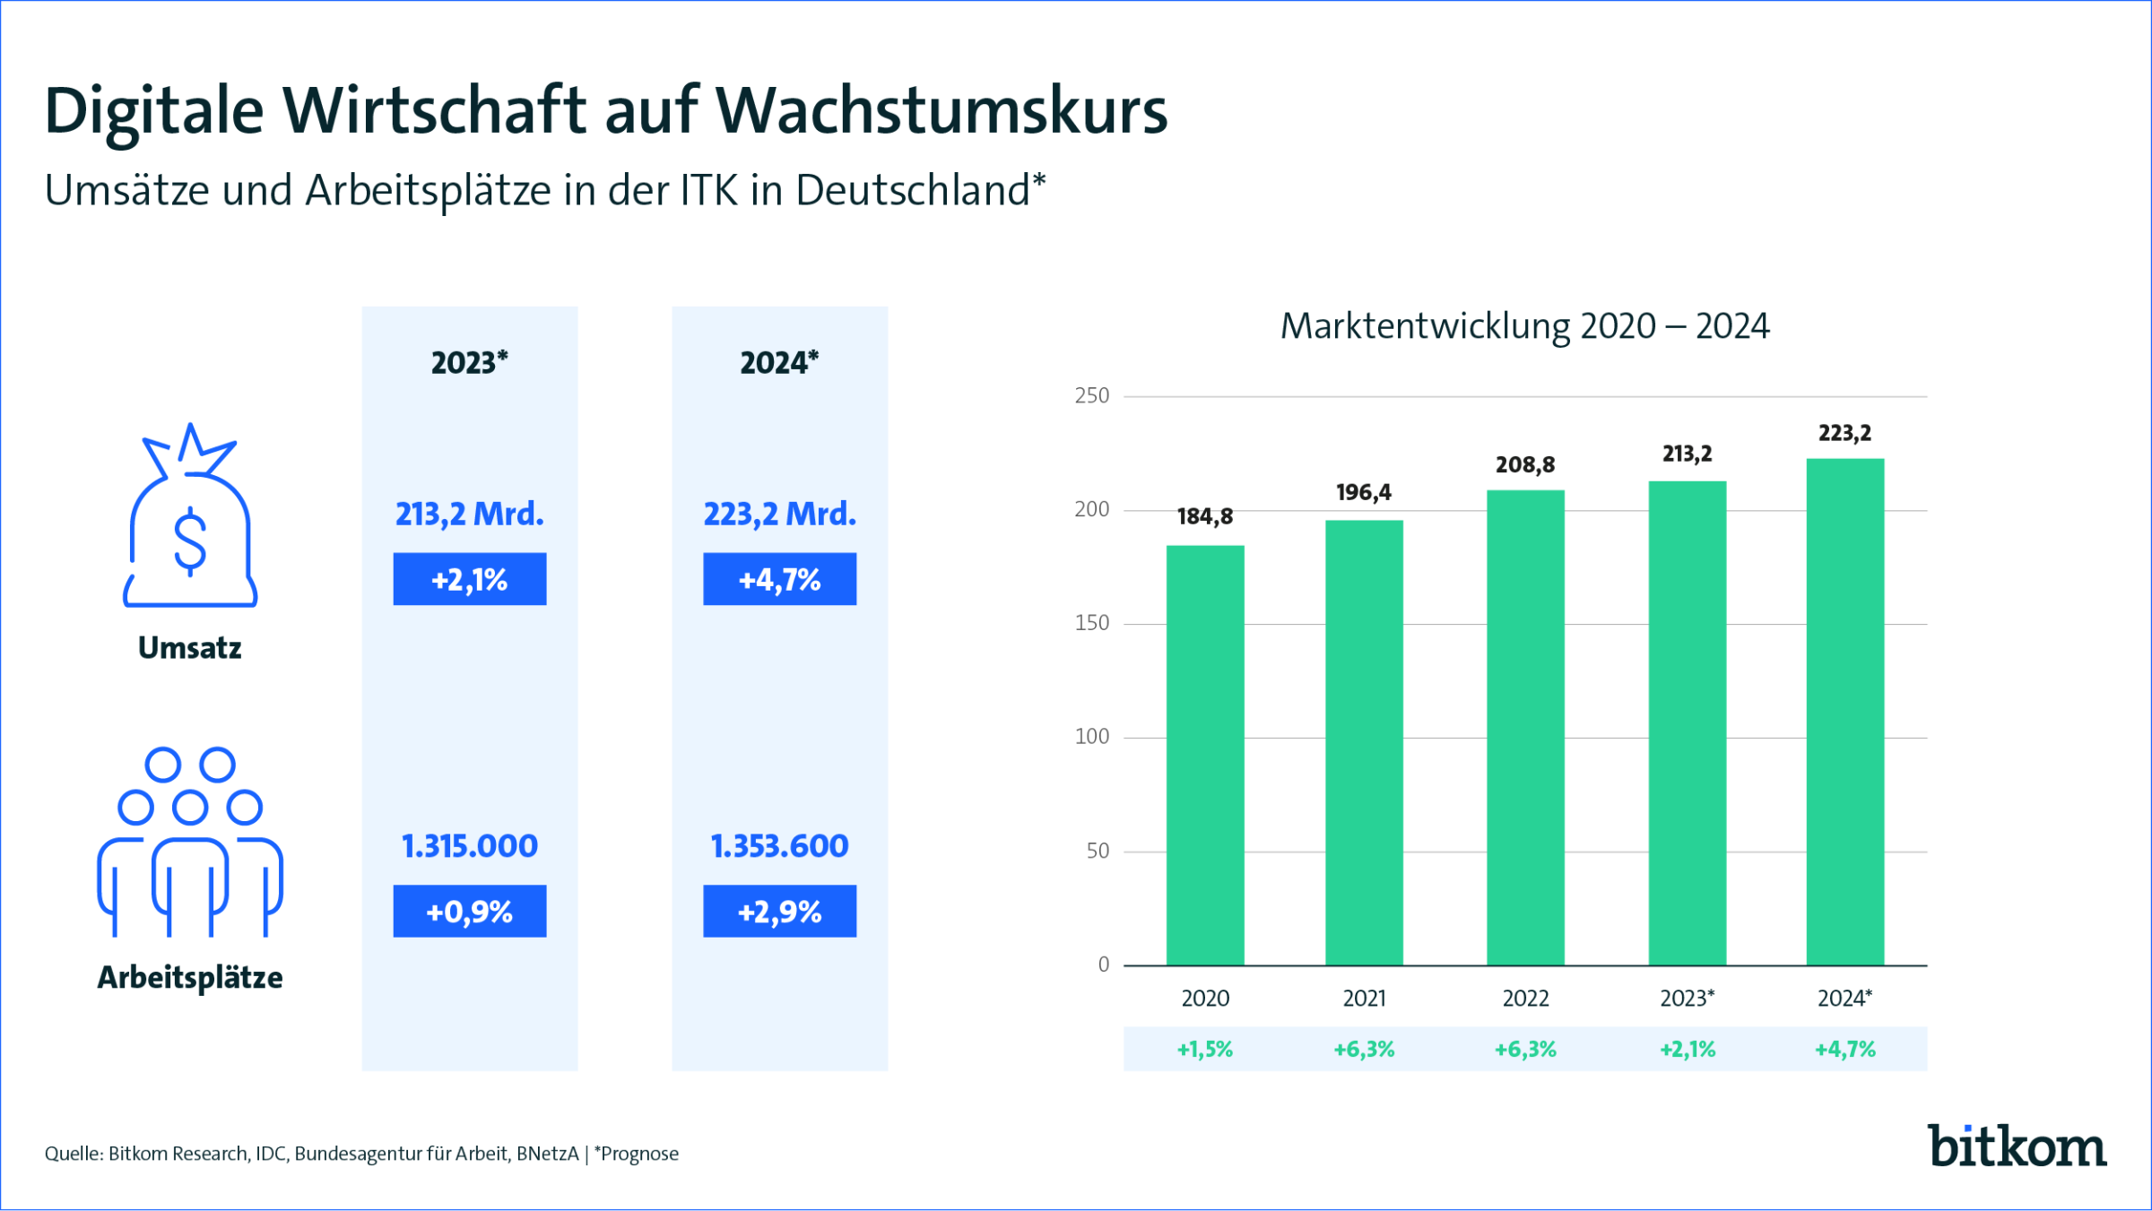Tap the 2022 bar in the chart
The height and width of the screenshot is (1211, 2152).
tap(1525, 727)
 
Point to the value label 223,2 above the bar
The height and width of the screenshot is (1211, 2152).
tap(1844, 433)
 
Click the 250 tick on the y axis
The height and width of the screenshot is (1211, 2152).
tap(1091, 395)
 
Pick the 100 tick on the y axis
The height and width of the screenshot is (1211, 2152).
tap(1091, 737)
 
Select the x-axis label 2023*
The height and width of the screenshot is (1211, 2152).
tap(1687, 998)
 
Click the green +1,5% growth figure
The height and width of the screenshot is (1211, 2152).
tap(1204, 1049)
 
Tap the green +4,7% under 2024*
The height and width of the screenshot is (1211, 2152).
tap(1844, 1049)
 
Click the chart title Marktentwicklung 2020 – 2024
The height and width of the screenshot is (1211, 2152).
tap(1524, 326)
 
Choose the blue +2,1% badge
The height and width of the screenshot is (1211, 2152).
tap(469, 579)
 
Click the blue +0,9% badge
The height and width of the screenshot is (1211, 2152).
tap(469, 912)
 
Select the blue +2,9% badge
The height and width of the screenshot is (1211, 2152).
tap(779, 912)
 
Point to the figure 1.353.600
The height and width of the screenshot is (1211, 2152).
tap(779, 846)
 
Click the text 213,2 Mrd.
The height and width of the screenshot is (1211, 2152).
tap(469, 514)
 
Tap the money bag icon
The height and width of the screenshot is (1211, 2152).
tap(190, 520)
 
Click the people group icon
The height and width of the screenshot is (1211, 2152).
tap(190, 843)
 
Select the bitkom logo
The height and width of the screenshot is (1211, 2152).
tap(2017, 1146)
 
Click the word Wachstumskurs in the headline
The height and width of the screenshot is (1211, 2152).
tap(941, 111)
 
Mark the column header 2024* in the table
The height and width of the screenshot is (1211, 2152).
tap(779, 363)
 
